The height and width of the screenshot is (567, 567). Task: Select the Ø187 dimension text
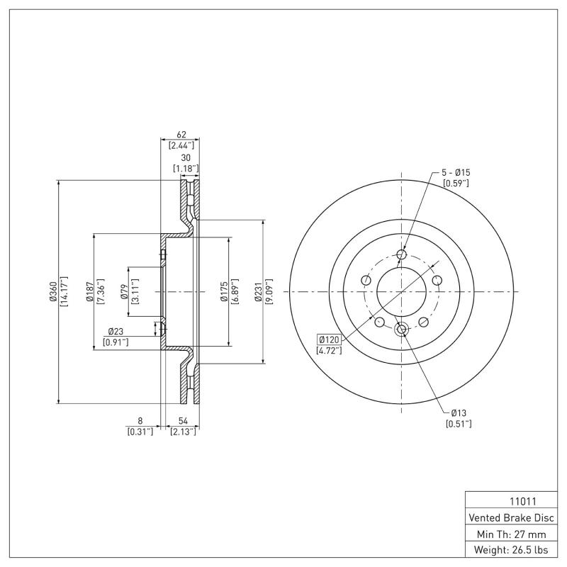[90, 291]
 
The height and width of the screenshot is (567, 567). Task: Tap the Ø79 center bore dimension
[123, 291]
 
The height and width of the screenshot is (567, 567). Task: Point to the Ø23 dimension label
[117, 331]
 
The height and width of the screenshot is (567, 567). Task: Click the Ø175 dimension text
[223, 291]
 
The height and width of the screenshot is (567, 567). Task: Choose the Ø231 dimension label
[259, 291]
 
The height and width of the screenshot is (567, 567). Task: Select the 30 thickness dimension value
[186, 157]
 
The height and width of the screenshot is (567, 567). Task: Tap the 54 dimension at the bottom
[184, 420]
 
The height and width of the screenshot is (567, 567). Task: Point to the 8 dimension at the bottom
[140, 420]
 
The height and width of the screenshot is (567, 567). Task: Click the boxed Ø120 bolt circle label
[330, 339]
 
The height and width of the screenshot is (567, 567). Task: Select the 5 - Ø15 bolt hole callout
[456, 172]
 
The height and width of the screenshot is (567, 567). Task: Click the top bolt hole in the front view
[402, 254]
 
